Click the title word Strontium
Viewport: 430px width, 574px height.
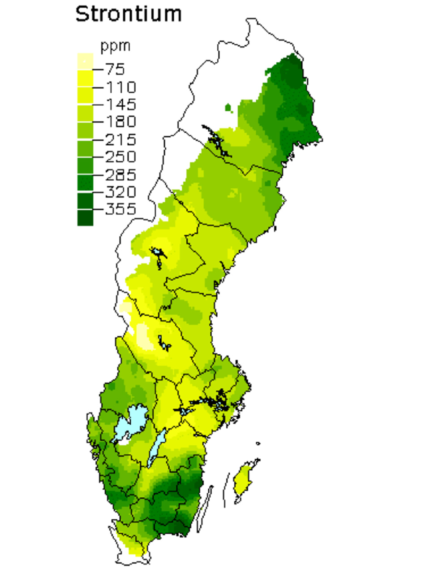[x=129, y=14]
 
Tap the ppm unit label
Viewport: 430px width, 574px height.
[x=115, y=46]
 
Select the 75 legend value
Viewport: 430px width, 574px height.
[x=115, y=69]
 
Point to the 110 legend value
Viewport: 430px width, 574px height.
[x=120, y=87]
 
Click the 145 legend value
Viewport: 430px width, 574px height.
[x=120, y=104]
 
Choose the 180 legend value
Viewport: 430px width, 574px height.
[x=120, y=122]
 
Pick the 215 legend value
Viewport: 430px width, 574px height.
[x=120, y=139]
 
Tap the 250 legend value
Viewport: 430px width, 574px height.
[x=120, y=157]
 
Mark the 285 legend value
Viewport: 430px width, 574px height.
[x=120, y=174]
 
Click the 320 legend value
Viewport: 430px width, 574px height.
[x=120, y=192]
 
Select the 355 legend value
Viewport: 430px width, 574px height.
[x=120, y=209]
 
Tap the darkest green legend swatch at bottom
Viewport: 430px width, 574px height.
[x=85, y=218]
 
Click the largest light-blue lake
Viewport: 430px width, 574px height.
[x=130, y=424]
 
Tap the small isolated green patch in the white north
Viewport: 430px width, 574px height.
[x=228, y=108]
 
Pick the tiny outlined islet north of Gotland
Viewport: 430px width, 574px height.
[x=258, y=444]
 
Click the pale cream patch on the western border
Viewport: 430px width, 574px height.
[x=126, y=307]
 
